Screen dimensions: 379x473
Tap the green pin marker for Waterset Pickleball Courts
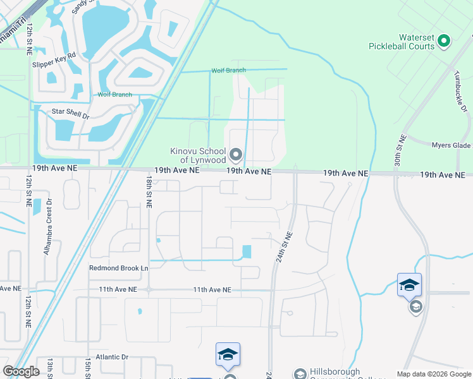tap(444, 42)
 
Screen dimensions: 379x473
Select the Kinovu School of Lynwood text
tap(198, 155)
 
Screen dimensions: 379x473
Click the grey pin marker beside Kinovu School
tap(236, 154)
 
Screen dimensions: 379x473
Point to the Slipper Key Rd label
tap(54, 55)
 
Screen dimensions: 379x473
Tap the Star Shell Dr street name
tap(71, 111)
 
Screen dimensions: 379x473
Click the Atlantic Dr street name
tap(107, 357)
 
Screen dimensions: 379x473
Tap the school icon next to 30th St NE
tap(409, 286)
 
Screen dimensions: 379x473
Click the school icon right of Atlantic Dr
tap(228, 355)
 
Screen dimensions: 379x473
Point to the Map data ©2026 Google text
tap(433, 374)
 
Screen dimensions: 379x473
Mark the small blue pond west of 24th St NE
tap(246, 251)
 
